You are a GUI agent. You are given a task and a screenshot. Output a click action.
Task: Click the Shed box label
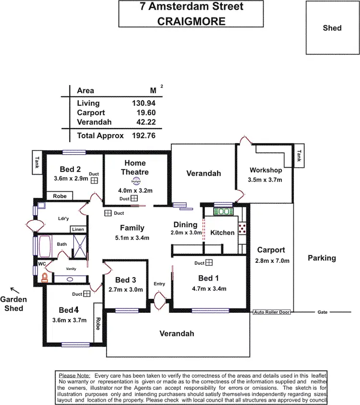pos(332,28)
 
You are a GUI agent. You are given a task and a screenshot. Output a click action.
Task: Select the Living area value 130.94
pos(144,103)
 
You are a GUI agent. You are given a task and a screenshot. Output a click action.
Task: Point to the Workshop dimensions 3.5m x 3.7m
pos(265,180)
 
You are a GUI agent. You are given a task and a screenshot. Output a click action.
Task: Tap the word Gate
pos(322,312)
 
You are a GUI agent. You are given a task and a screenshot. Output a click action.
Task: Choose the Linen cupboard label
pos(78,230)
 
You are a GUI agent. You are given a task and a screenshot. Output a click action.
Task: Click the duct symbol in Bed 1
pos(209,263)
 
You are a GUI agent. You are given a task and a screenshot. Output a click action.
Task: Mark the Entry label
pos(159,284)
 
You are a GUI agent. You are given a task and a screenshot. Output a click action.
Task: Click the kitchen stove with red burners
pos(242,229)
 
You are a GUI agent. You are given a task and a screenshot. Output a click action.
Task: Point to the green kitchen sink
pos(222,210)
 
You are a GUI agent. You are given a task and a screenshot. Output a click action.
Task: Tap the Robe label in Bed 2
pos(60,196)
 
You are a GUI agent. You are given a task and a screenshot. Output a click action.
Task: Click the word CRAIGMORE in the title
pos(191,21)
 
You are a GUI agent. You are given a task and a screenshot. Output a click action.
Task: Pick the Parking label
pos(322,258)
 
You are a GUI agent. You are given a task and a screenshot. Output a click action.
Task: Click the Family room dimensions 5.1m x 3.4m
pos(132,238)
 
